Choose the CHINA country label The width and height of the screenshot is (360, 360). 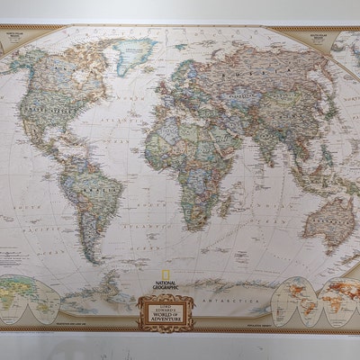pyautogui.click(x=270, y=118)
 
